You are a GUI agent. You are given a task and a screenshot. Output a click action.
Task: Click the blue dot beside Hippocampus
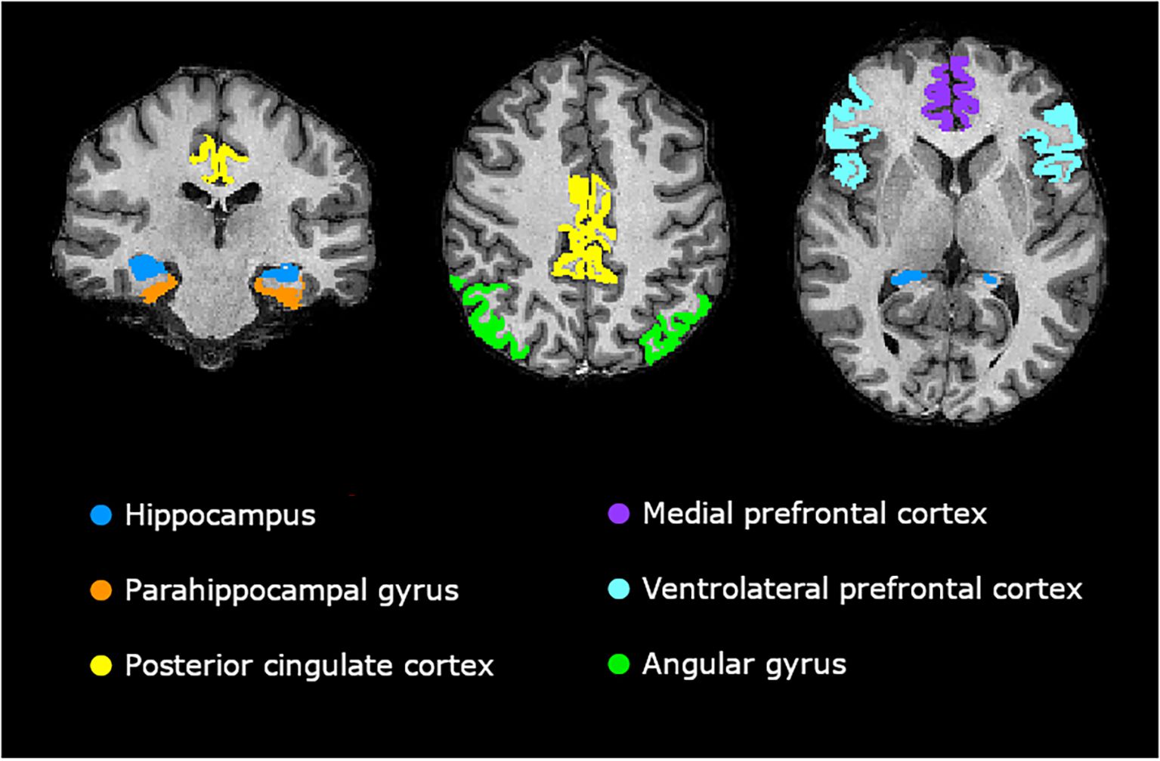101,515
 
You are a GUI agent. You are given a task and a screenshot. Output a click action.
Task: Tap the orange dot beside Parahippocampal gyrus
101,590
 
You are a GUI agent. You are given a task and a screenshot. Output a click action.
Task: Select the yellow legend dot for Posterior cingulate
101,665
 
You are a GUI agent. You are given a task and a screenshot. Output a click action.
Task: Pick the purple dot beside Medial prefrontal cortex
618,514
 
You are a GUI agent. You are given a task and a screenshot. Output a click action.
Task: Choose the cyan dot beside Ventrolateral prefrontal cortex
618,589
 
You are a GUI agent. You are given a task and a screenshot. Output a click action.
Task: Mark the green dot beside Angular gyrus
618,664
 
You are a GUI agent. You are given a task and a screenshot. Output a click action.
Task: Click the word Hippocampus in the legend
220,515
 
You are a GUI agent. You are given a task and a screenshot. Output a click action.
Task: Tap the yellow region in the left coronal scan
218,159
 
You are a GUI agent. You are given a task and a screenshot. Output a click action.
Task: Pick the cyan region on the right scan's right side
1058,144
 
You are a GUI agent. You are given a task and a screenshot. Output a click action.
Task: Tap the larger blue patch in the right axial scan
905,279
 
